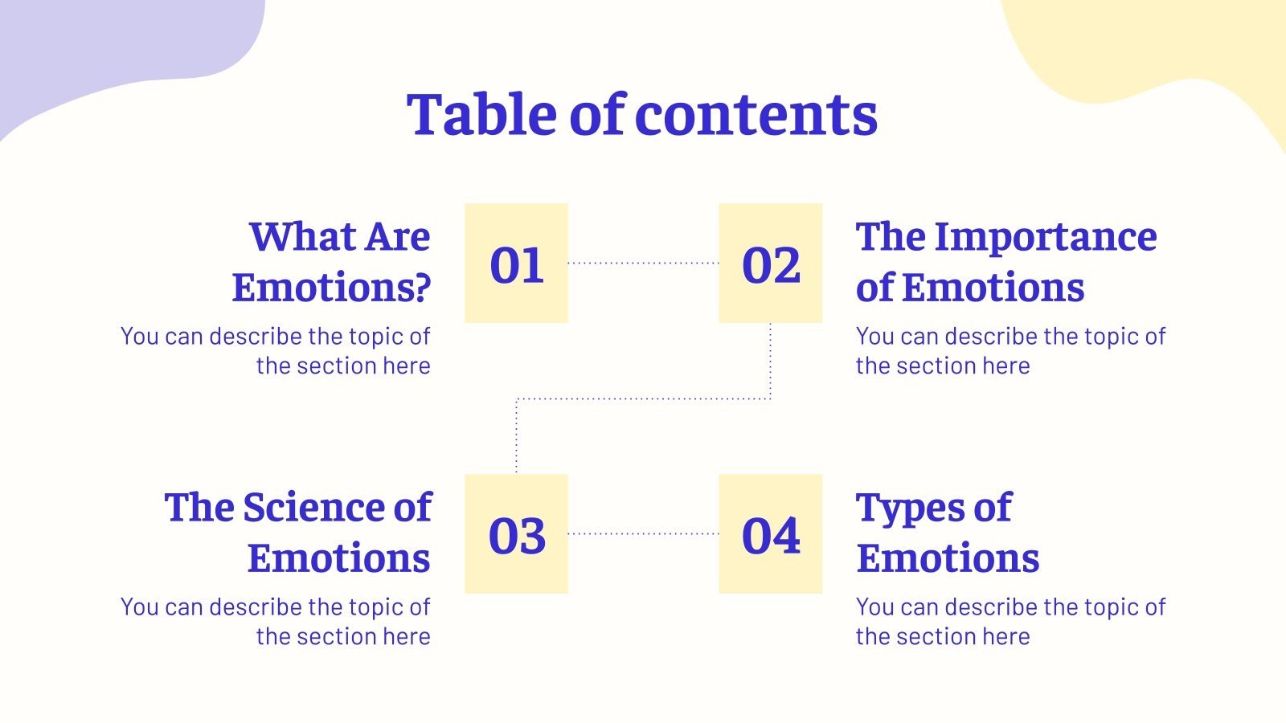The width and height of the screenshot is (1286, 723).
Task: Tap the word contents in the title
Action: [756, 114]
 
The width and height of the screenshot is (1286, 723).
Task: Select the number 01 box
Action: [516, 263]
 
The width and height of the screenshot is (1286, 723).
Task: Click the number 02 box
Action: [770, 263]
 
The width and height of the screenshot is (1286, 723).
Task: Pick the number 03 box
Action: [516, 534]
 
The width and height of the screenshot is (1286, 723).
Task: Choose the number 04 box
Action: [770, 534]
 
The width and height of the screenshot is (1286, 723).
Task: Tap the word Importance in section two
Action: [1046, 237]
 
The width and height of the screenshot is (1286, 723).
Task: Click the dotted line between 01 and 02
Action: [643, 263]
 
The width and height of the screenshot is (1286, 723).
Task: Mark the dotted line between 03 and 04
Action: [643, 533]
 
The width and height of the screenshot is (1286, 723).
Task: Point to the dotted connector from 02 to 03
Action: [643, 398]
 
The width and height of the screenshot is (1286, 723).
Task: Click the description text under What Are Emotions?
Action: [276, 350]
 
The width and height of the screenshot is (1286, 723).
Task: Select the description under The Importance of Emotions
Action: [1010, 350]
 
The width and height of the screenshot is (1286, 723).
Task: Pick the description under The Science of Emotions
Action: [276, 621]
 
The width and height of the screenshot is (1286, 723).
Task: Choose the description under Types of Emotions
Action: [1010, 621]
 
